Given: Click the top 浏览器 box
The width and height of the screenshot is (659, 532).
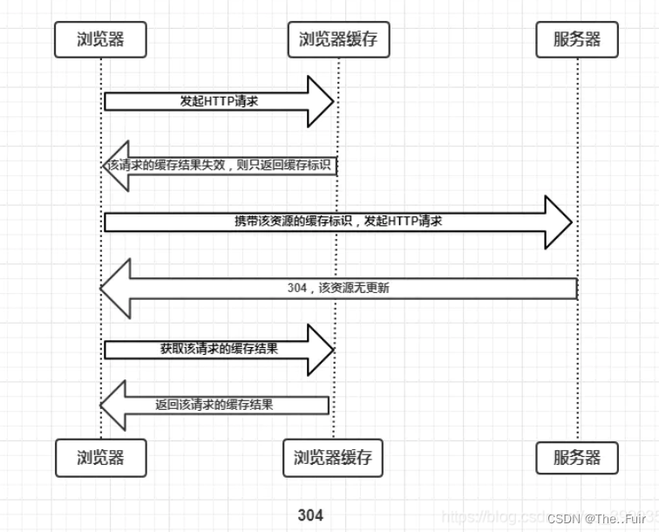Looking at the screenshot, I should (100, 39).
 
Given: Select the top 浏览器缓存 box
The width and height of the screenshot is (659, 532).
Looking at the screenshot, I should (338, 39).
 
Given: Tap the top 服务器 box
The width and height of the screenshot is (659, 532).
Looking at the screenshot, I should (576, 39).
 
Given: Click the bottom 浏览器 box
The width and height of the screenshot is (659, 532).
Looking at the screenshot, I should (100, 457).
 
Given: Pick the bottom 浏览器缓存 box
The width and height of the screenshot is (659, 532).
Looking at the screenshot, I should (333, 457).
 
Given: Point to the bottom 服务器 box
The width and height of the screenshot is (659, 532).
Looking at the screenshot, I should (576, 457).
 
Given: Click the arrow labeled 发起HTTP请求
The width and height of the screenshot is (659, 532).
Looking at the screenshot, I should (218, 101).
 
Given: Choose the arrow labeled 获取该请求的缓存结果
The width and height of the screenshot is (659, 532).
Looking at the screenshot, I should (218, 349).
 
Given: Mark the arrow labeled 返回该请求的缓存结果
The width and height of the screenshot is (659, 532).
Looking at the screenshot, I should (218, 405).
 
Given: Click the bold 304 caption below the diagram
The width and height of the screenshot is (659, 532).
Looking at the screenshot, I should (309, 515).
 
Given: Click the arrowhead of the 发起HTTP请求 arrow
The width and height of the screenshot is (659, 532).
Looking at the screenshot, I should (321, 101).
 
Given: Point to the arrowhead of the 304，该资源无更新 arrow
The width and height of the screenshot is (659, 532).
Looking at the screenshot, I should (116, 287).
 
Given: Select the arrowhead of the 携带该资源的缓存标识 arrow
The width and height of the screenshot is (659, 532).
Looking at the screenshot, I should (558, 222).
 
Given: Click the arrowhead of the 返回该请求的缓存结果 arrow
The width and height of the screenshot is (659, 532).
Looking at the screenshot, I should (114, 405).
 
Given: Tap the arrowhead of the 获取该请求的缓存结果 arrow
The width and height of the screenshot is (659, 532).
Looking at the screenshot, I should (321, 349).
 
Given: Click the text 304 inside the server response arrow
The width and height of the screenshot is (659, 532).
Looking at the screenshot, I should (296, 287).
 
